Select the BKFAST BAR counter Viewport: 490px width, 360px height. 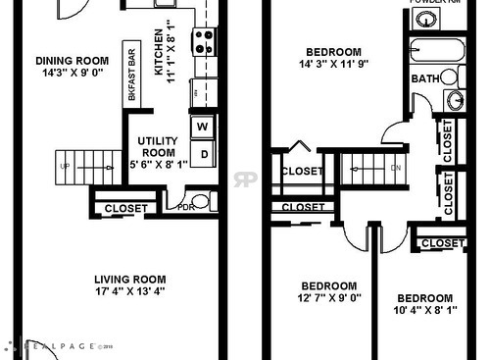pos(130,72)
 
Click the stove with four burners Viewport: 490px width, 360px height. pos(203,41)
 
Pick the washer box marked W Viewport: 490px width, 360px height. pos(204,127)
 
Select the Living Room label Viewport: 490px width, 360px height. pos(129,278)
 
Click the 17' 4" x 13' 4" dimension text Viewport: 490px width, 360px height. pos(129,290)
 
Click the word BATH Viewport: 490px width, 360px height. pos(425,78)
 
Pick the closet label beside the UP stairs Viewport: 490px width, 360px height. pos(125,208)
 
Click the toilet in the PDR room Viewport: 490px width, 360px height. pos(200,202)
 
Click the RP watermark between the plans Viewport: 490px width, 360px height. pos(244,180)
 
